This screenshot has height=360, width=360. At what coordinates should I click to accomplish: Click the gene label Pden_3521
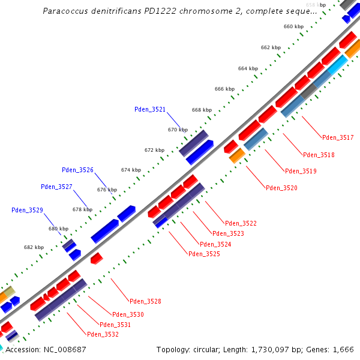(149, 109)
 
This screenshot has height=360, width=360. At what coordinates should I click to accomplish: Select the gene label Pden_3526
(77, 170)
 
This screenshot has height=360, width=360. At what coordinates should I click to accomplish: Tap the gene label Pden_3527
(56, 187)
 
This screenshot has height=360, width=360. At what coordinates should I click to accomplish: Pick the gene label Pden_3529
(27, 210)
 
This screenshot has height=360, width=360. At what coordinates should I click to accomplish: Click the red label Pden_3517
(338, 137)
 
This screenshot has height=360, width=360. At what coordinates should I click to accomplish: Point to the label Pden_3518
(319, 155)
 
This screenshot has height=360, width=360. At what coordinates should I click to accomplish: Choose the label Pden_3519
(301, 171)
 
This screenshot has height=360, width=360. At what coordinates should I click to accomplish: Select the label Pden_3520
(281, 188)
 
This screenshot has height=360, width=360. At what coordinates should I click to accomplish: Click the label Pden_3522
(241, 223)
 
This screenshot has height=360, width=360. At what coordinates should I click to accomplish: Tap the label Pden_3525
(204, 254)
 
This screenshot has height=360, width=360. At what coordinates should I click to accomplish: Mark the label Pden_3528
(145, 301)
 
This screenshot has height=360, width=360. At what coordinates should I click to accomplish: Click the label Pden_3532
(103, 334)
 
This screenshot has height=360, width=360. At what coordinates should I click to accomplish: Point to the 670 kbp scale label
(178, 130)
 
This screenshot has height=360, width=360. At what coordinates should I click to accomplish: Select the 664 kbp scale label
(248, 68)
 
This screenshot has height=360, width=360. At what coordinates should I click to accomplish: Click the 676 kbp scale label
(107, 190)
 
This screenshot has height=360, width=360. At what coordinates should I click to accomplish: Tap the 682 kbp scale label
(34, 247)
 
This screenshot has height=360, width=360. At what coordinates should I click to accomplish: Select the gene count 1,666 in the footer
(344, 349)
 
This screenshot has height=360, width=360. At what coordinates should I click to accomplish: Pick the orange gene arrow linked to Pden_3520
(237, 155)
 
